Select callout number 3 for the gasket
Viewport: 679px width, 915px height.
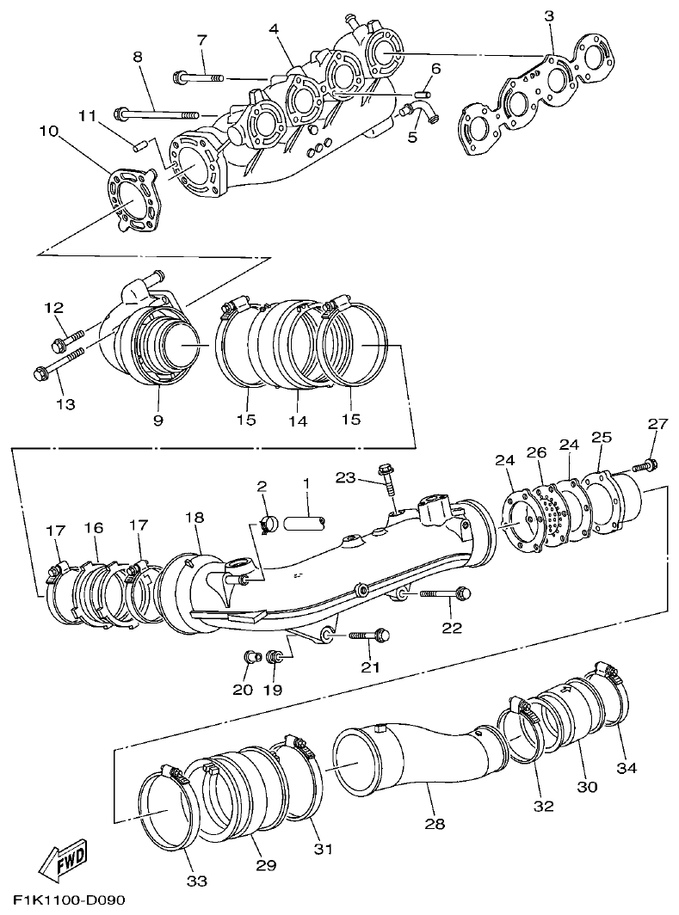pos(549,15)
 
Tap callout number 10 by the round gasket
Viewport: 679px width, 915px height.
pos(48,132)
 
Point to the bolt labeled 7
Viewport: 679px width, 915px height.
pos(199,77)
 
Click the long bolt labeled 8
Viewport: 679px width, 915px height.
pos(159,113)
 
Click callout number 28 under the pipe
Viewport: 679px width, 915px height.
pos(436,824)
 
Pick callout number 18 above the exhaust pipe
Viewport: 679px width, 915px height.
pos(194,517)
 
